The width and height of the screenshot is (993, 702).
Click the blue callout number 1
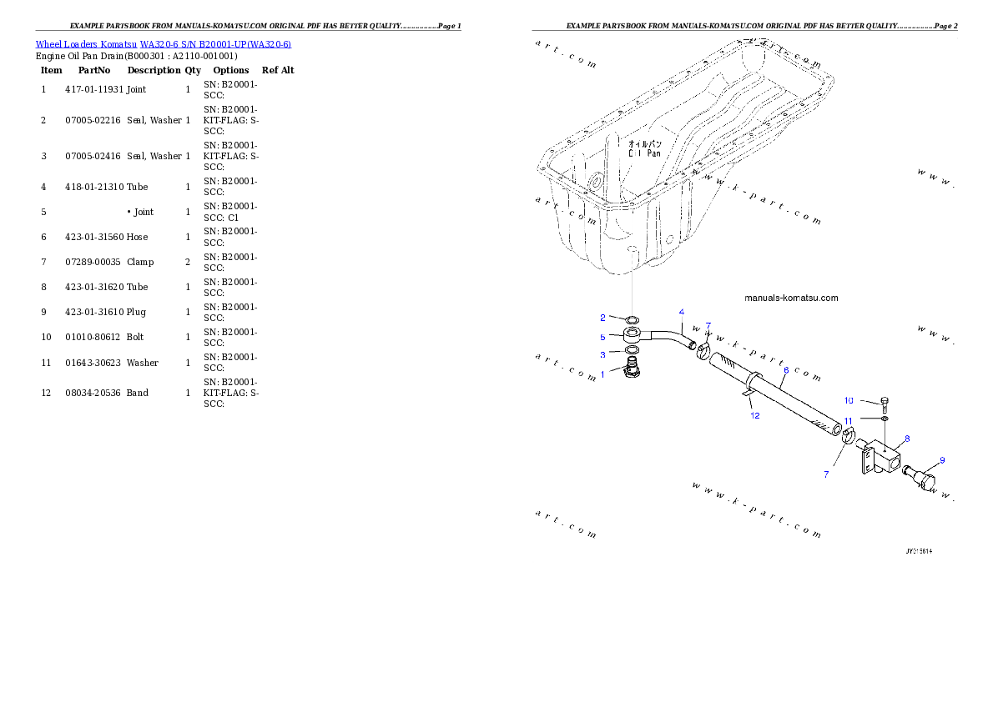[x=602, y=375]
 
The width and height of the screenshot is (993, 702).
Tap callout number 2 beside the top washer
[x=602, y=318]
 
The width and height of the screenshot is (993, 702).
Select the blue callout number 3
[x=602, y=355]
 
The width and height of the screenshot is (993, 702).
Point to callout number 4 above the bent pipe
[x=682, y=312]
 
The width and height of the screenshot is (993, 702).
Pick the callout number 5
[x=602, y=337]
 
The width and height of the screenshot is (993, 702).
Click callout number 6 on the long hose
[x=785, y=369]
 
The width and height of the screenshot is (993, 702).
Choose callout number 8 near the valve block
[x=907, y=438]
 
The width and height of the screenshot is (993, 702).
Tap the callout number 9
[x=942, y=460]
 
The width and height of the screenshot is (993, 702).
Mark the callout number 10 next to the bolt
[x=849, y=400]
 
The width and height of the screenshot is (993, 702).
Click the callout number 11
[x=848, y=421]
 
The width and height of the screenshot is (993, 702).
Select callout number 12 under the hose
[x=754, y=415]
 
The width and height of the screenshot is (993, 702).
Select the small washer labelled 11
[x=885, y=417]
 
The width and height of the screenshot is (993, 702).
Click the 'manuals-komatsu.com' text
[x=791, y=298]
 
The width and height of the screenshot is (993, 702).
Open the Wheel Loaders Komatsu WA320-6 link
[x=163, y=44]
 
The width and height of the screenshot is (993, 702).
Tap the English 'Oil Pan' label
[x=644, y=153]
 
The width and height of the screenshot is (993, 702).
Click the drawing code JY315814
[x=919, y=551]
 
